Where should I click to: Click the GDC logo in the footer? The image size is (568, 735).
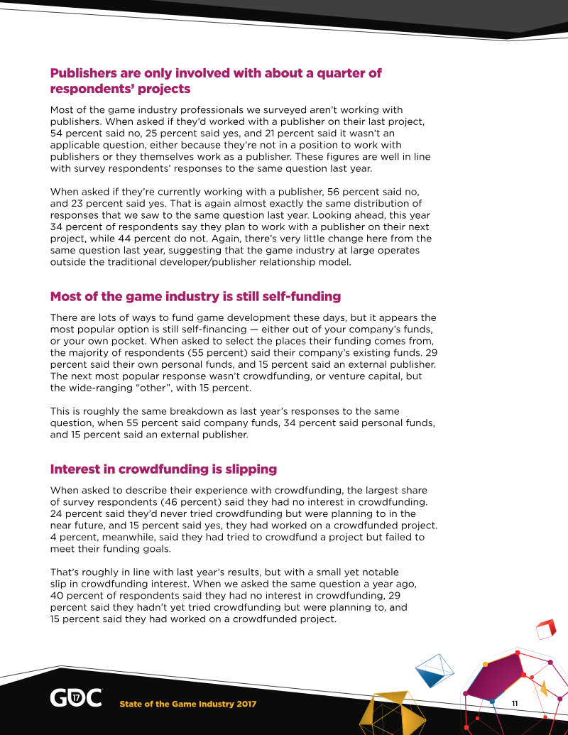(75, 697)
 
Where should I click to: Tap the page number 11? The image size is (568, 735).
(516, 702)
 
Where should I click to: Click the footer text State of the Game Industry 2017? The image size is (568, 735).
(187, 704)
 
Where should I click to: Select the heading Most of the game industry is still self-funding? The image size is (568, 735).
(195, 296)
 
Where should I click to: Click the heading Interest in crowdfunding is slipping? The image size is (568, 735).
(163, 469)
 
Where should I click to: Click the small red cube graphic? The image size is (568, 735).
(545, 629)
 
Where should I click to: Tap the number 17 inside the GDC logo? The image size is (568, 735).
(76, 697)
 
